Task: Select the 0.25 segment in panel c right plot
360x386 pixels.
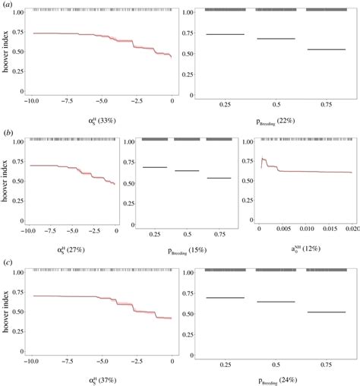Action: [x=226, y=298]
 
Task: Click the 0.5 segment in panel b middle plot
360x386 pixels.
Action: [x=186, y=170]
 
